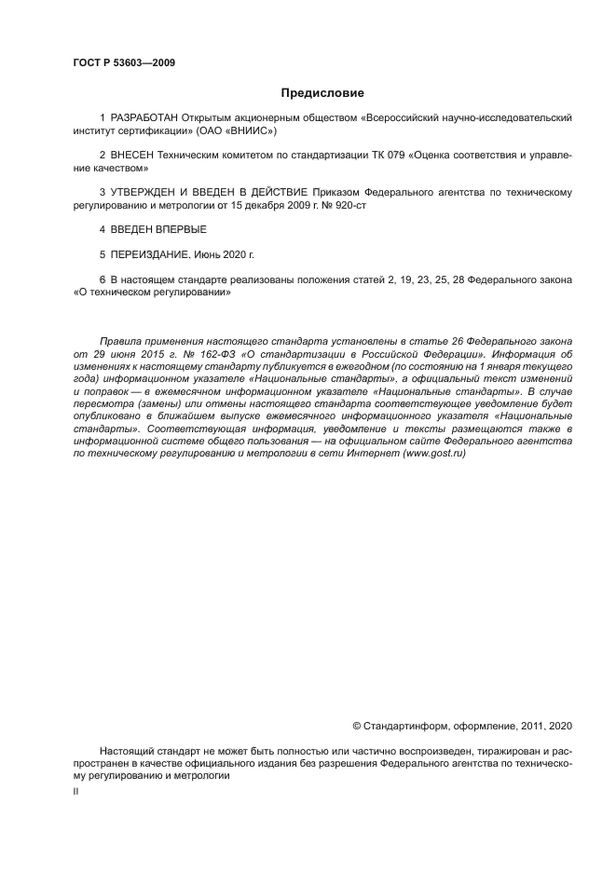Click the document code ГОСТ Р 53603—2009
point(124,63)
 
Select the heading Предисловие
point(322,93)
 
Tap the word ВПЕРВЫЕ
point(183,229)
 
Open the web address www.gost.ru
point(433,454)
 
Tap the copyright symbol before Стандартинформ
point(356,725)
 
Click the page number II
point(75,791)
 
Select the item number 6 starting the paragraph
point(102,279)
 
